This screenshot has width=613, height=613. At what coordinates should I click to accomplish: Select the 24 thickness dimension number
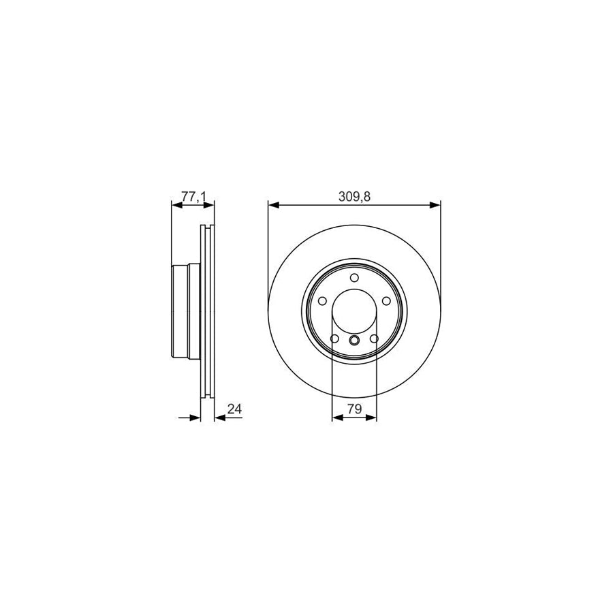click(x=235, y=409)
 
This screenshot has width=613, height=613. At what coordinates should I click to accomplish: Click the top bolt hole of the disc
click(x=354, y=278)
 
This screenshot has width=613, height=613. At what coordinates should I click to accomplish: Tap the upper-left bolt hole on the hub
click(x=322, y=301)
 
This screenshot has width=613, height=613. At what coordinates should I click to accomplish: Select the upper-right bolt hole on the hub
click(x=386, y=301)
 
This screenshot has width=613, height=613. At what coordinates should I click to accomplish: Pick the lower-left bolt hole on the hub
click(x=334, y=339)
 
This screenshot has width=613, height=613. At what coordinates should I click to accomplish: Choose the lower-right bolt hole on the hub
click(x=374, y=339)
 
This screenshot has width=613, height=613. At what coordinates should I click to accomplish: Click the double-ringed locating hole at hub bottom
click(x=354, y=340)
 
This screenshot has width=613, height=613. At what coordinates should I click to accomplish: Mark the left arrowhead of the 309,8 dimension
click(x=272, y=204)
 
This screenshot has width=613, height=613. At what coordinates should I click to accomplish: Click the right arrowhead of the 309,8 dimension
click(x=436, y=204)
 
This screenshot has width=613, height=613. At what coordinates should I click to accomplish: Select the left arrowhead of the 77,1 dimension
click(x=174, y=204)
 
